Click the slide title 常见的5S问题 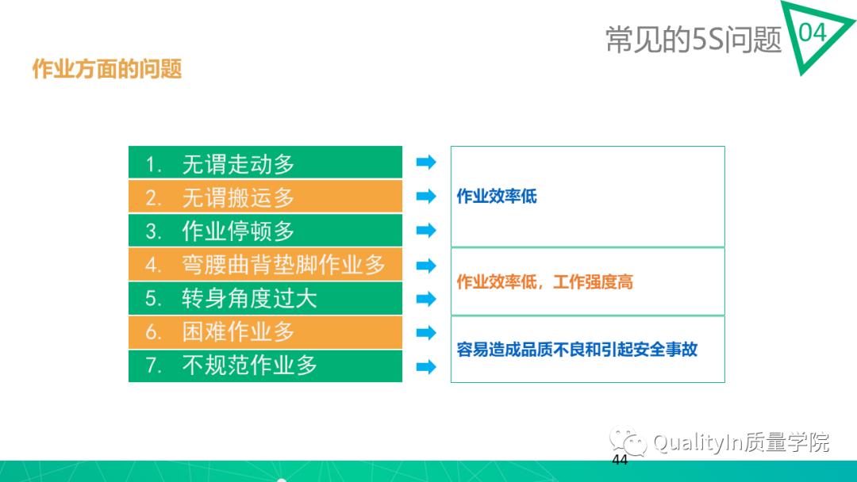[x=694, y=39]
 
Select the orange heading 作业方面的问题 [x=107, y=70]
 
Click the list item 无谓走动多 [x=238, y=164]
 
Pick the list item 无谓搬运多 [x=238, y=197]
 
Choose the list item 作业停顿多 [x=238, y=231]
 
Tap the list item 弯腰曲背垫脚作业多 [x=283, y=265]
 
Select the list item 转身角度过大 [x=249, y=298]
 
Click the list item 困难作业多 [x=238, y=331]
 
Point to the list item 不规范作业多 [x=249, y=365]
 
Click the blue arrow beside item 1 [x=426, y=163]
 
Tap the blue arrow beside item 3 [x=426, y=231]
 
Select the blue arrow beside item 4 [x=426, y=265]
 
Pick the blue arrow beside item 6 [x=426, y=332]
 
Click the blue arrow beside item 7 [x=426, y=366]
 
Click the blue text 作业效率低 [x=497, y=197]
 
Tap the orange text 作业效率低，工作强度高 [x=544, y=282]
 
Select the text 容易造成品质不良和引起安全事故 [x=577, y=350]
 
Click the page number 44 [x=620, y=461]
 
